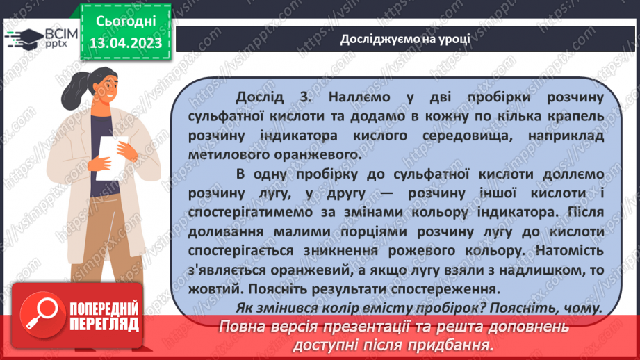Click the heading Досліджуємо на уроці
[x=404, y=38]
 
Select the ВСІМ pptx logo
[x=41, y=38]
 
